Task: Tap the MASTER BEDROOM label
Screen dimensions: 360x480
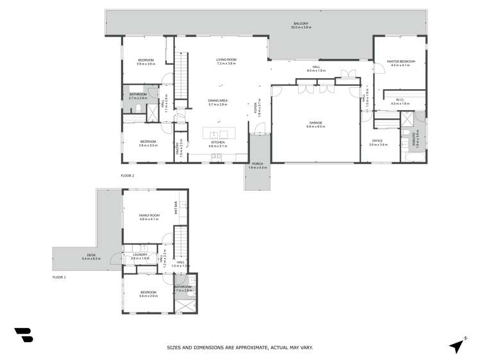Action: [x=401, y=61]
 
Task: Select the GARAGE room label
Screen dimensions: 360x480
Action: [x=315, y=123]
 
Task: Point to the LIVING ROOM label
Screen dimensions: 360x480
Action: [x=226, y=60]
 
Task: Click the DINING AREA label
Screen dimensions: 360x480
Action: [x=217, y=101]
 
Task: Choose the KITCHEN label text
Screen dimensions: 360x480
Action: [x=218, y=143]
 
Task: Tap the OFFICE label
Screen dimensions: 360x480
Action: [x=377, y=141]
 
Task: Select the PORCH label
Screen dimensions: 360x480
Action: [x=258, y=165]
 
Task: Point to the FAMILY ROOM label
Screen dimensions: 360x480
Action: [x=148, y=216]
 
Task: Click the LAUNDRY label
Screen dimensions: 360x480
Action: [x=140, y=254]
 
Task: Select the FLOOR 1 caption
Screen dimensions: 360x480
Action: [x=60, y=277]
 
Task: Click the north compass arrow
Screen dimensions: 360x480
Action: [x=456, y=346]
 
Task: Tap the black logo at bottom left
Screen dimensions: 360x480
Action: [x=23, y=334]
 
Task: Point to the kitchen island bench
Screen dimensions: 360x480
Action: [x=218, y=133]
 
